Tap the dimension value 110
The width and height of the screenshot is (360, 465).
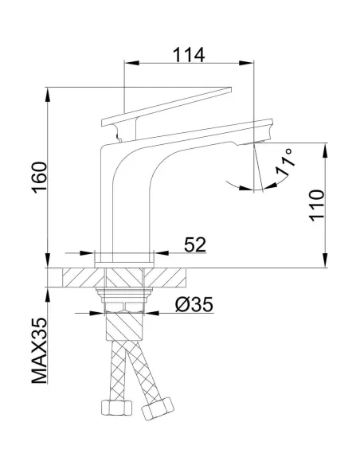[317, 205]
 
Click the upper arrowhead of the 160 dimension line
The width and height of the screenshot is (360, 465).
[49, 89]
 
